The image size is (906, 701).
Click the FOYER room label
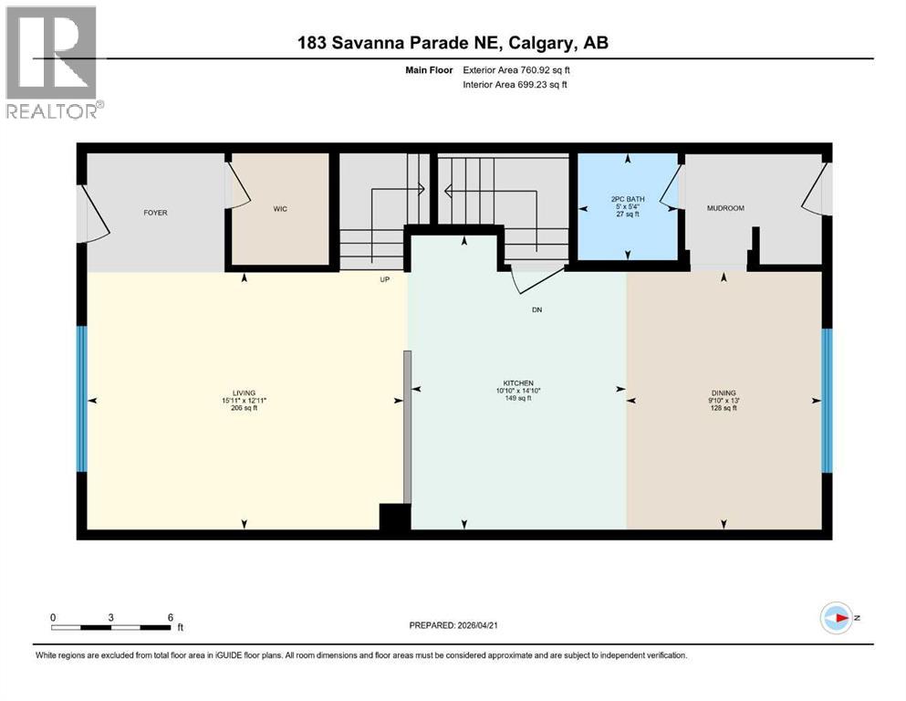point(155,213)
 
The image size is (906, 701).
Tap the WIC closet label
point(280,209)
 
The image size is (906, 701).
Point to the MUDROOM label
point(725,208)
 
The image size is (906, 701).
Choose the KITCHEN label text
point(517,382)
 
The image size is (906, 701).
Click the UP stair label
point(385,280)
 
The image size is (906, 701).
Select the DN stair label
point(537,309)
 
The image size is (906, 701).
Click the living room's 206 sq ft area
point(245,408)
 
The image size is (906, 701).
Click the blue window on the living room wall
point(81,399)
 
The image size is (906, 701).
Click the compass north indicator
point(836,618)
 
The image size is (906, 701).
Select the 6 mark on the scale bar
point(170,617)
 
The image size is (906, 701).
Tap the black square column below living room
point(394,517)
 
